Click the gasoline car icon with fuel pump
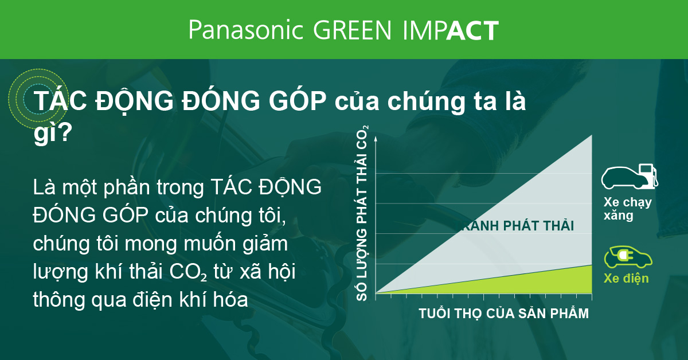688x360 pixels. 629,177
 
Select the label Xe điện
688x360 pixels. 626,279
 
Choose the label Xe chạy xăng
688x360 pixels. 627,209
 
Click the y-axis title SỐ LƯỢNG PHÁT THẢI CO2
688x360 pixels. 363,213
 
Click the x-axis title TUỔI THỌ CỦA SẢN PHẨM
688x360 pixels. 503,314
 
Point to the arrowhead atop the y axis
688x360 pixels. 376,138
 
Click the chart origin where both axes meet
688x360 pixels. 376,293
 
